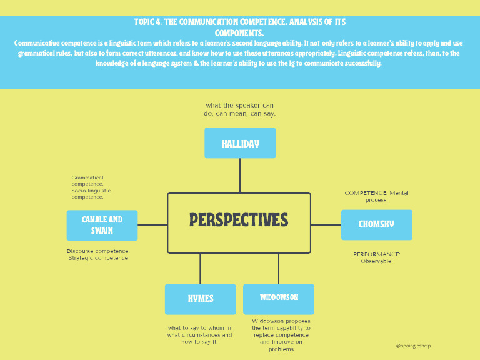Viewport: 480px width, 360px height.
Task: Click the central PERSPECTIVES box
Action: point(239,222)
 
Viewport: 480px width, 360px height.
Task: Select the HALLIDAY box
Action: point(240,143)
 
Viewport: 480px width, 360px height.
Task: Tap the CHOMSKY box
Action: point(376,224)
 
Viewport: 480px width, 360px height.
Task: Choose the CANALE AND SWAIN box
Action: point(102,225)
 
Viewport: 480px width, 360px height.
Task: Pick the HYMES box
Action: point(200,299)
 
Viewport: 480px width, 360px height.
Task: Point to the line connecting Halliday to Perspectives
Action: point(240,176)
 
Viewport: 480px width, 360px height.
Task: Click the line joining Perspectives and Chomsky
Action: point(326,224)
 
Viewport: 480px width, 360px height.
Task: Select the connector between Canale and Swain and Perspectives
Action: point(152,224)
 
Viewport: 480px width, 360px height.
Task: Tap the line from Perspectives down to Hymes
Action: point(200,269)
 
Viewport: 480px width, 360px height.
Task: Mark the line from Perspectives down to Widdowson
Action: point(279,269)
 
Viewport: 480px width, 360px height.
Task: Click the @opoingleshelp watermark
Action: point(413,346)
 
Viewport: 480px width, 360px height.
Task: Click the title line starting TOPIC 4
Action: point(239,22)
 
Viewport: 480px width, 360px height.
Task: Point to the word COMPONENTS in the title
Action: point(239,32)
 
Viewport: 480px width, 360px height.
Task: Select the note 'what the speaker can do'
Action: point(239,109)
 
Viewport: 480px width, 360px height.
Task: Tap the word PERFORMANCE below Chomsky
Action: point(376,254)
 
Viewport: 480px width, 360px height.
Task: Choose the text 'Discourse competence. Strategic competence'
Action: point(98,254)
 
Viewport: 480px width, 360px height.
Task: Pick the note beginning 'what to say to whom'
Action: point(199,335)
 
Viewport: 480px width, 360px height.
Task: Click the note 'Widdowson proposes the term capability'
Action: point(281,335)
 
